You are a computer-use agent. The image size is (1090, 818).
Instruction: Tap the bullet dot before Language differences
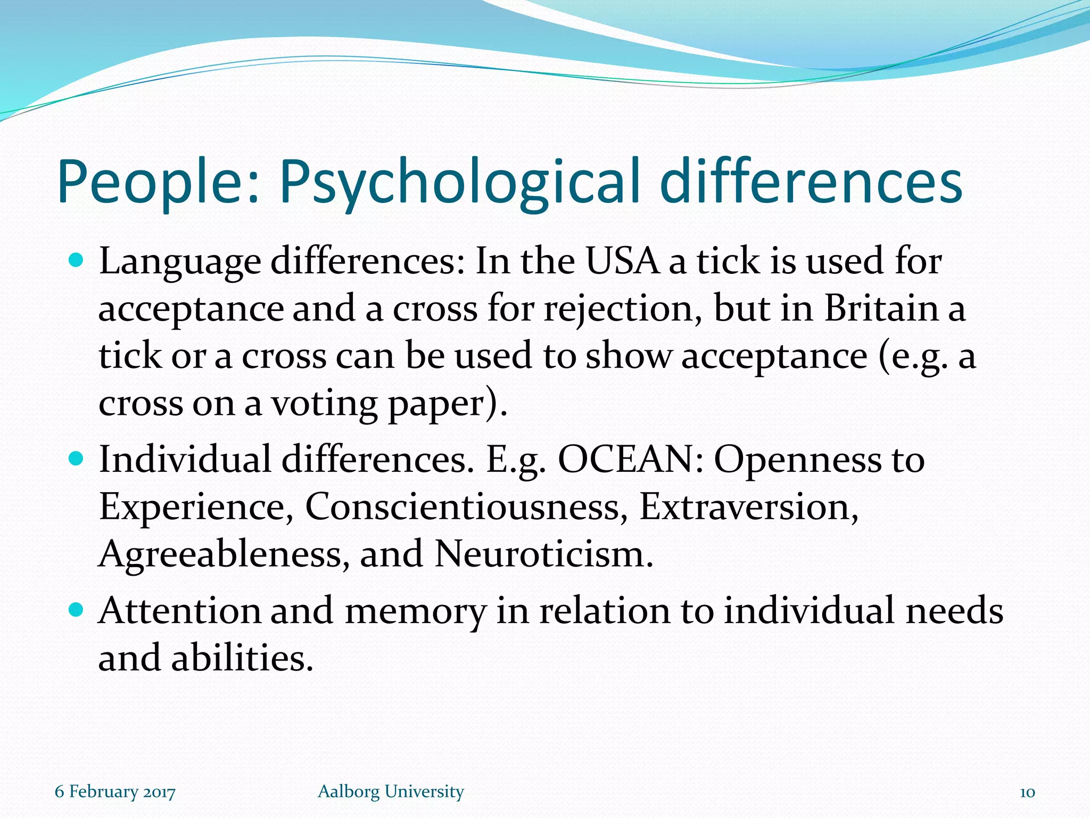tap(77, 260)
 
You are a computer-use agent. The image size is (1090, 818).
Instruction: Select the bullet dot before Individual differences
tap(77, 458)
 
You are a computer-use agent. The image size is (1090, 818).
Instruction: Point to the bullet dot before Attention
tap(77, 609)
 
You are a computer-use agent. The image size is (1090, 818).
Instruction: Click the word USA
tap(622, 261)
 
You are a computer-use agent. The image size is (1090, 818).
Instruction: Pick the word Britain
tap(881, 308)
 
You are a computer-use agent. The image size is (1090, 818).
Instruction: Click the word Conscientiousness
tap(463, 506)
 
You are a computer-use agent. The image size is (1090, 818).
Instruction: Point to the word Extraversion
tap(748, 506)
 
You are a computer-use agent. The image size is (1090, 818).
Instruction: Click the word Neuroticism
tap(543, 554)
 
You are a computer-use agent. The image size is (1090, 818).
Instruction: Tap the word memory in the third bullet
tap(415, 611)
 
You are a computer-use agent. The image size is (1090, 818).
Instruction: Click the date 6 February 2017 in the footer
tap(115, 792)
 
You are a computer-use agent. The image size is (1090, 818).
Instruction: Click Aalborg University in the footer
tap(391, 792)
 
